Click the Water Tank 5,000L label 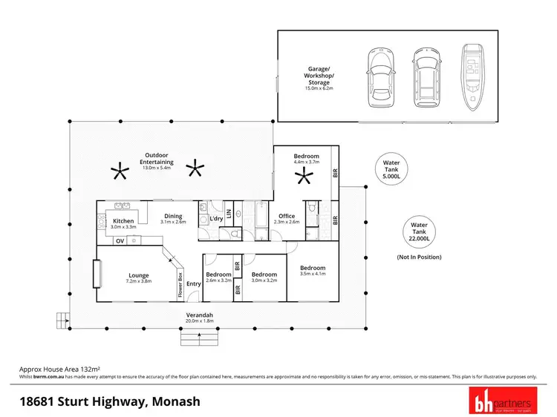pyautogui.click(x=391, y=170)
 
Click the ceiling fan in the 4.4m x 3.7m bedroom pyautogui.click(x=302, y=177)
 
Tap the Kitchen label pyautogui.click(x=123, y=221)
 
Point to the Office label pyautogui.click(x=286, y=216)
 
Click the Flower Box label pyautogui.click(x=180, y=285)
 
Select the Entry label pyautogui.click(x=194, y=283)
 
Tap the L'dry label pyautogui.click(x=216, y=219)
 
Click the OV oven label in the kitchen pyautogui.click(x=119, y=240)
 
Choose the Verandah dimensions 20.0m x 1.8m pyautogui.click(x=197, y=321)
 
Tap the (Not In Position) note pyautogui.click(x=420, y=257)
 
